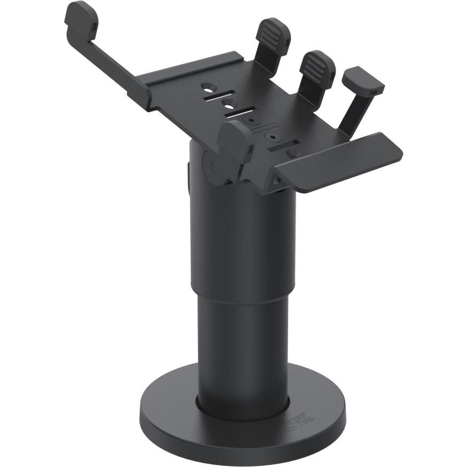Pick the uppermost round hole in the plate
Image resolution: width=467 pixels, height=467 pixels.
(207, 86)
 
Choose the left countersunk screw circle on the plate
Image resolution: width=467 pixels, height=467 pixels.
(252, 121)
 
